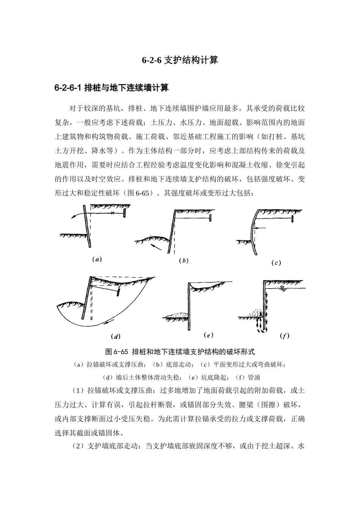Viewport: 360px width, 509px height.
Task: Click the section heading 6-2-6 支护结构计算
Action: [x=180, y=60]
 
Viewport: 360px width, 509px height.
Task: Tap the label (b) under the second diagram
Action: [x=184, y=261]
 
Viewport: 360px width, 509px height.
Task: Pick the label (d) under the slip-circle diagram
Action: [x=115, y=336]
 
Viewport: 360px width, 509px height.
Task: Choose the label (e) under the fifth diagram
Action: [x=208, y=335]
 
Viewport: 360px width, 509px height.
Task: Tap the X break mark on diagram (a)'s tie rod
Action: [x=113, y=214]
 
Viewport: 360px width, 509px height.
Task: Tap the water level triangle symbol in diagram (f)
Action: [x=281, y=288]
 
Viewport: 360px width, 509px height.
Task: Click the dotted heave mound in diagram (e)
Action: [x=177, y=314]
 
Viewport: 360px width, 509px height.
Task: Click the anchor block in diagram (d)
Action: [x=118, y=292]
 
